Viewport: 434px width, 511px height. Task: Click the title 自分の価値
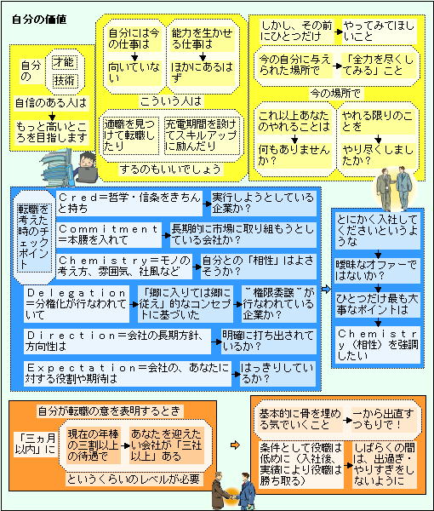point(39,20)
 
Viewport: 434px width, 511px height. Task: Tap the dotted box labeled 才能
point(65,62)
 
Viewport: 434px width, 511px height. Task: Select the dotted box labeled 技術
point(65,81)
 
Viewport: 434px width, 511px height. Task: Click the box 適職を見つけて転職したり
point(130,135)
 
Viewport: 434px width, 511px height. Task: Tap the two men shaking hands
point(233,491)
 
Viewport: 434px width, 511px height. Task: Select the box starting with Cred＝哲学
point(129,204)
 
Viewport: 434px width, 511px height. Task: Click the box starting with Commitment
point(109,235)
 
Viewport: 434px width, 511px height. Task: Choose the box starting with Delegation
point(77,304)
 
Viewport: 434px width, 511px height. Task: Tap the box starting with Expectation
point(128,374)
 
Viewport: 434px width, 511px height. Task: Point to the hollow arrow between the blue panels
point(326,289)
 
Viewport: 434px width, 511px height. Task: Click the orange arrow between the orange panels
point(235,445)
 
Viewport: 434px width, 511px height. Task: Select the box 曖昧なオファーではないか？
point(377,270)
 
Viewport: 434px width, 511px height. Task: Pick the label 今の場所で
point(335,95)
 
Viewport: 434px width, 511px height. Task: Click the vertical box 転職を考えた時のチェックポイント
point(34,238)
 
